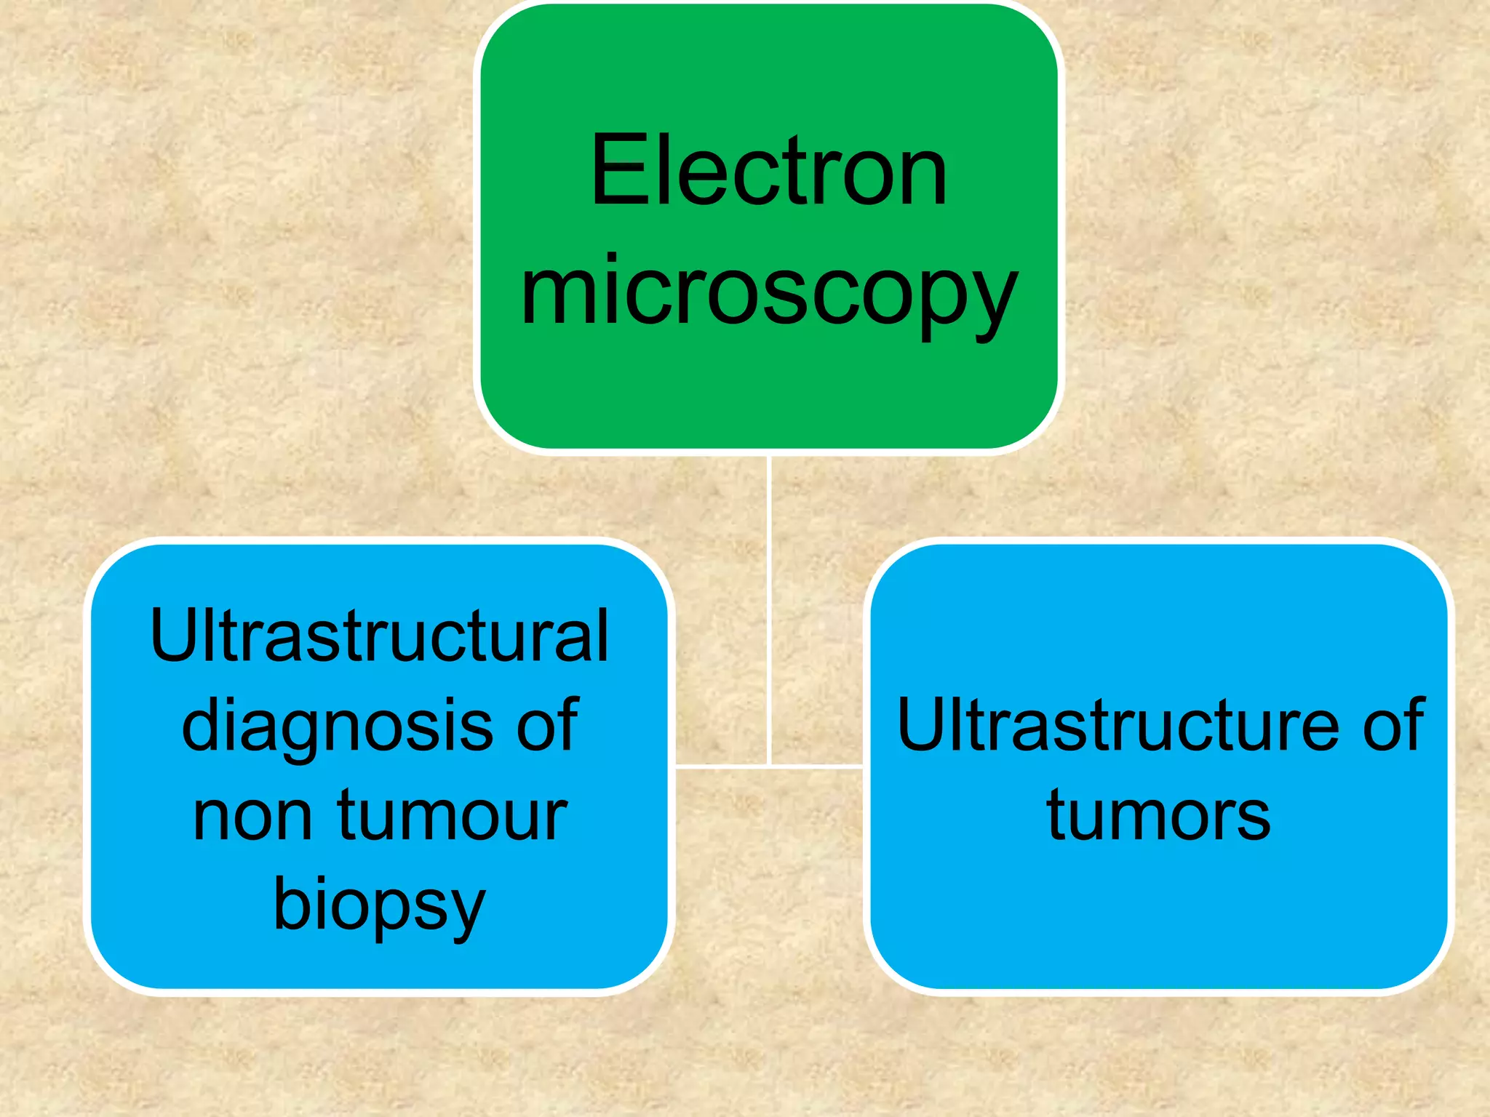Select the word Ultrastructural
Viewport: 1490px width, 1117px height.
pos(379,636)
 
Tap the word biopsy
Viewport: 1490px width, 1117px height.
pos(379,906)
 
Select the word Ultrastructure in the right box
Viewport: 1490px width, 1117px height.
pos(1117,725)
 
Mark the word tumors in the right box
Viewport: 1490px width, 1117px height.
pos(1158,816)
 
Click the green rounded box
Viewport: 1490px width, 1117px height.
pos(769,393)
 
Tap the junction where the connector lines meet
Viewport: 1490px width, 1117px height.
pos(769,766)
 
